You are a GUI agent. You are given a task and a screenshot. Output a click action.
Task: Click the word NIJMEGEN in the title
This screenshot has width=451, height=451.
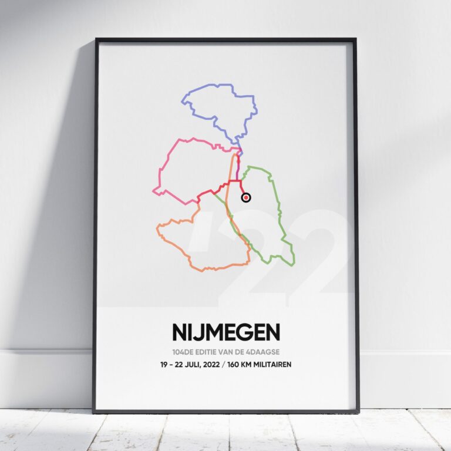(225, 332)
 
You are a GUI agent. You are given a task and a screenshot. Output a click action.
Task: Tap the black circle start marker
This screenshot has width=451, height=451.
(246, 197)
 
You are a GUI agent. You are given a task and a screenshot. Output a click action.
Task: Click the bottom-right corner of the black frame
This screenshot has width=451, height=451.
(358, 412)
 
